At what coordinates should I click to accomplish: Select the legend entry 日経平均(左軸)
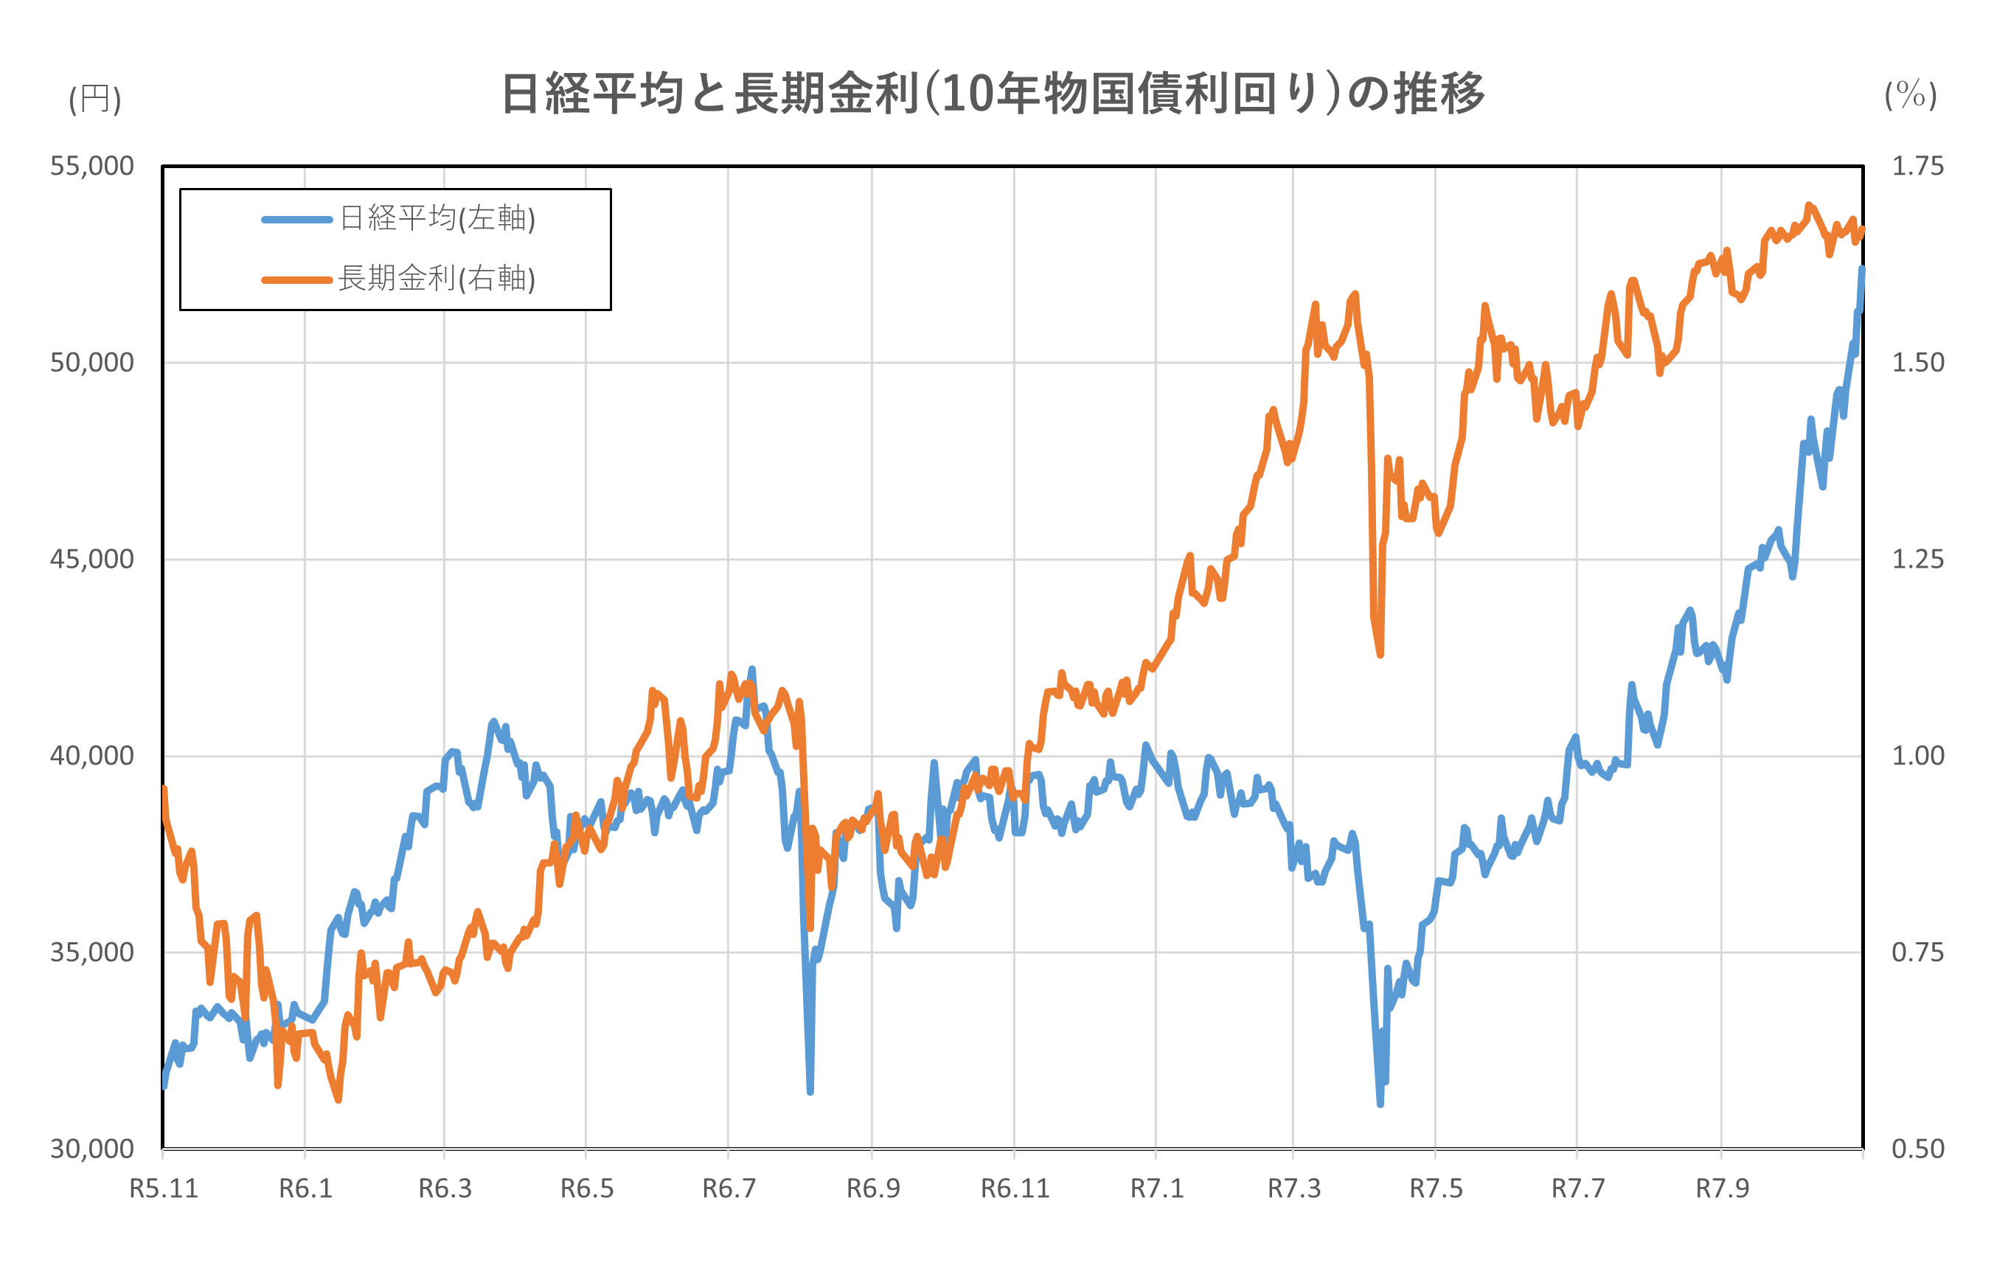click(437, 219)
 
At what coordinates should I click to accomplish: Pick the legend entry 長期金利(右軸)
click(437, 279)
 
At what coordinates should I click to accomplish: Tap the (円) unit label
click(95, 100)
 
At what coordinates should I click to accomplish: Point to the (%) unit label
click(1911, 95)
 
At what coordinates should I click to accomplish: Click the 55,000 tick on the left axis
click(92, 167)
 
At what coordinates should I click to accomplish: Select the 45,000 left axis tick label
click(92, 560)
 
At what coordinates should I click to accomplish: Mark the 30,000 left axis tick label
click(92, 1149)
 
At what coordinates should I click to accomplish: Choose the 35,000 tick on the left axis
click(92, 953)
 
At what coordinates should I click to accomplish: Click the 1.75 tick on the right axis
click(1918, 167)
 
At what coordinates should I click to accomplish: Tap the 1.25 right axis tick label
click(1918, 560)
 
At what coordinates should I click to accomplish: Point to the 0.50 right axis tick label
click(1918, 1149)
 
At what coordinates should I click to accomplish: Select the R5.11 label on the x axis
click(164, 1189)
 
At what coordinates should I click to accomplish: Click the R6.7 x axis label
click(729, 1189)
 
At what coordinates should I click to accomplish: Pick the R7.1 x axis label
click(1157, 1189)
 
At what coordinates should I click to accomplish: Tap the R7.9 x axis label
click(1722, 1189)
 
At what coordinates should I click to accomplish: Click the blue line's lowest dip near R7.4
click(1380, 1103)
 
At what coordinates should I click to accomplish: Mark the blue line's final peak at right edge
click(1862, 269)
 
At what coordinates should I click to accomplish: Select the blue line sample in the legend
click(297, 220)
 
